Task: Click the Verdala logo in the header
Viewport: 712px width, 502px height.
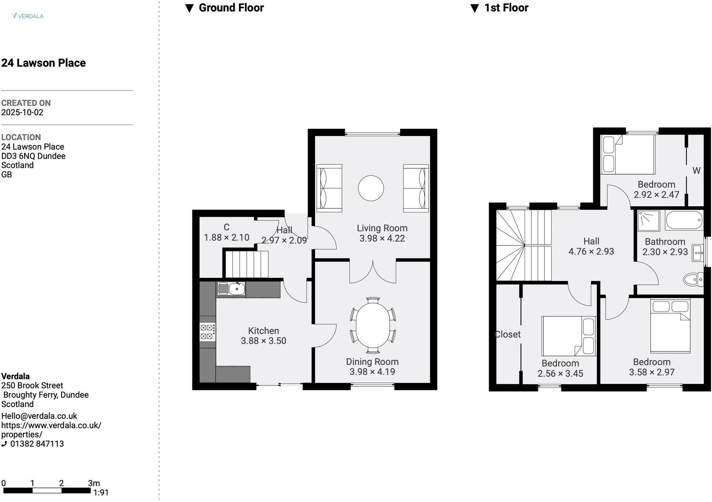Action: [x=27, y=16]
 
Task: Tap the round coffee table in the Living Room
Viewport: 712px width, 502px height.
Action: [x=371, y=188]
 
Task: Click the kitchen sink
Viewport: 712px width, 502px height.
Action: [x=231, y=289]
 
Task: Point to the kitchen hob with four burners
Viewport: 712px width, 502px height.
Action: [x=207, y=332]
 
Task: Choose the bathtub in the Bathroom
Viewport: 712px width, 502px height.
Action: [x=684, y=220]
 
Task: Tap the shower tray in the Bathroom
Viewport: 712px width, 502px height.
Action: [x=649, y=221]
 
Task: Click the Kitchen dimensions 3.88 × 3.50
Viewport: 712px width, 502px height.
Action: [x=263, y=341]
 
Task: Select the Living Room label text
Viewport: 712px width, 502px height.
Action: [x=382, y=228]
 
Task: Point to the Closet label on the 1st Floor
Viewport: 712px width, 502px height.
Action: [x=507, y=334]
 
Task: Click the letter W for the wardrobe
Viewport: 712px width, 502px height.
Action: [x=696, y=171]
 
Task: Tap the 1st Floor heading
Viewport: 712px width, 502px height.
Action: [x=506, y=8]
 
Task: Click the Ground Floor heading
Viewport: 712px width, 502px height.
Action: [x=231, y=8]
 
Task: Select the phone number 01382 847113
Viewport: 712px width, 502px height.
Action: [x=37, y=444]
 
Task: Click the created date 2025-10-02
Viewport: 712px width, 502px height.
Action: [x=22, y=113]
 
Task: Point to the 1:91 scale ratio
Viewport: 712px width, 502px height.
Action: [x=101, y=493]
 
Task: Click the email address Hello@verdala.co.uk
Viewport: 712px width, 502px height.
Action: [x=39, y=416]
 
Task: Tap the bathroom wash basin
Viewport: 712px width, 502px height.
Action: [x=698, y=253]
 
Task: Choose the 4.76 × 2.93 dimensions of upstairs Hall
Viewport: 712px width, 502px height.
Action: [x=591, y=252]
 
